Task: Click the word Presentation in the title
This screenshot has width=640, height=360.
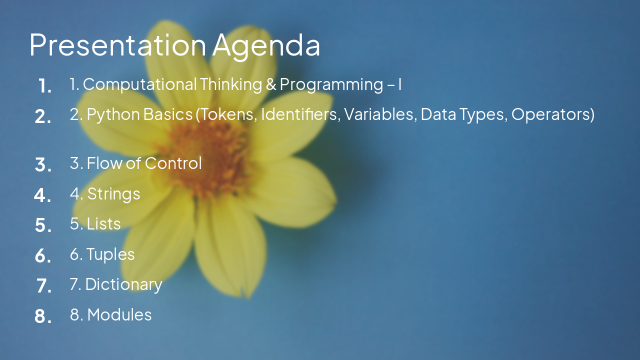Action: pyautogui.click(x=117, y=44)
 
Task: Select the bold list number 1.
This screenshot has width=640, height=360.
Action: pyautogui.click(x=44, y=86)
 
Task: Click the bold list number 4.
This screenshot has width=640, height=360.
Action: pyautogui.click(x=42, y=195)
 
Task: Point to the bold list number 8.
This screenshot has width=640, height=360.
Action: pyautogui.click(x=43, y=316)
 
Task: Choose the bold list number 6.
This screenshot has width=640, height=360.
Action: pyautogui.click(x=43, y=256)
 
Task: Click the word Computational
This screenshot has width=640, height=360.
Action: pyautogui.click(x=139, y=84)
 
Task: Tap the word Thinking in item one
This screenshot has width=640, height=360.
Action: pyautogui.click(x=230, y=84)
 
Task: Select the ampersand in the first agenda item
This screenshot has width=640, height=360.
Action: pyautogui.click(x=271, y=84)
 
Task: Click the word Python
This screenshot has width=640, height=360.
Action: pyautogui.click(x=113, y=114)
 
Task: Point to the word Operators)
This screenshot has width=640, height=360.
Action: pyautogui.click(x=552, y=114)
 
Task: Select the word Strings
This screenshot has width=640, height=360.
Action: pyautogui.click(x=113, y=194)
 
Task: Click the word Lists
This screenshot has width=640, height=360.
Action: pyautogui.click(x=103, y=223)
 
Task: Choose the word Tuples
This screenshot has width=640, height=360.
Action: pyautogui.click(x=110, y=254)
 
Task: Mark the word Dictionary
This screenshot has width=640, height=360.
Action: pyautogui.click(x=123, y=284)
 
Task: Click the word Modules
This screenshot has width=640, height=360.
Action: pyautogui.click(x=119, y=314)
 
